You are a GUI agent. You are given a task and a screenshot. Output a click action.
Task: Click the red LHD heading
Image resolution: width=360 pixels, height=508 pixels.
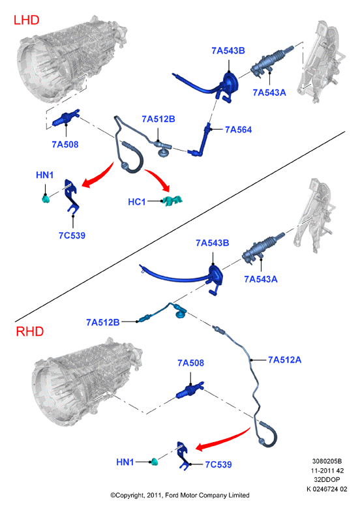pyautogui.click(x=27, y=20)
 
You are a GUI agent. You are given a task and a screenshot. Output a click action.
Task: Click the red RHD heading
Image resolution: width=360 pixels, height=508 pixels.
pyautogui.click(x=30, y=331)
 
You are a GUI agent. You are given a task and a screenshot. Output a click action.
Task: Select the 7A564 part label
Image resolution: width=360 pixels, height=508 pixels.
pyautogui.click(x=239, y=130)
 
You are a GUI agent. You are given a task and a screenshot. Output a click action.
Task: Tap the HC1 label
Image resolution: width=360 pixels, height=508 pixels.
pyautogui.click(x=137, y=202)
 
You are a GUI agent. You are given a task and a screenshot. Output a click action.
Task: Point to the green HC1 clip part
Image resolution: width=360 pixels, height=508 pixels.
pyautogui.click(x=172, y=201)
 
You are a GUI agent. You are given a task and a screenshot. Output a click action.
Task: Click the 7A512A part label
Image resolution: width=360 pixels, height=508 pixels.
pyautogui.click(x=285, y=359)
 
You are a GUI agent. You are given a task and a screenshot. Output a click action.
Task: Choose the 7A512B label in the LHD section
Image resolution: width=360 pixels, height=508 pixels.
pyautogui.click(x=158, y=119)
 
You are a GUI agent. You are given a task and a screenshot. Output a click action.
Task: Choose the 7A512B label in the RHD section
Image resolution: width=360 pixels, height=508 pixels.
pyautogui.click(x=103, y=322)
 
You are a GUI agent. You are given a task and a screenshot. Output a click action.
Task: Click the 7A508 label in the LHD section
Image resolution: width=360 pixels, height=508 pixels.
pyautogui.click(x=65, y=144)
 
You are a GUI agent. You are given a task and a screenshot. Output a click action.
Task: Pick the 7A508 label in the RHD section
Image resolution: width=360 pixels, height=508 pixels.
pyautogui.click(x=191, y=363)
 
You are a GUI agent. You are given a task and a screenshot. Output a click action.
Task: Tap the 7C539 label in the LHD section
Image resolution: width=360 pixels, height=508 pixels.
pyautogui.click(x=72, y=235)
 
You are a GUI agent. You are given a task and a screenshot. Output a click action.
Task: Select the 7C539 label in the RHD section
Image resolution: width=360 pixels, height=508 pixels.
pyautogui.click(x=218, y=464)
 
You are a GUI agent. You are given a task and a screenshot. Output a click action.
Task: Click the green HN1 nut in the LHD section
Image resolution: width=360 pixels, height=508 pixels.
pyautogui.click(x=46, y=199)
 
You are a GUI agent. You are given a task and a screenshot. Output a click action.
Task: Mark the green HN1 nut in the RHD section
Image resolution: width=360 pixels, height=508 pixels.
pyautogui.click(x=155, y=462)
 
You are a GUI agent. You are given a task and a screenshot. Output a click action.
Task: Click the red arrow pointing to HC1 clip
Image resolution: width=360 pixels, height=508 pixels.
pyautogui.click(x=158, y=179)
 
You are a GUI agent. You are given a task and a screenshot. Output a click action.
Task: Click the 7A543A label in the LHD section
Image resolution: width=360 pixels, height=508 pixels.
pyautogui.click(x=269, y=93)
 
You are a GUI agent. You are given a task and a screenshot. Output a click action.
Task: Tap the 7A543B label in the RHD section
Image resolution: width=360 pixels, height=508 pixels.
pyautogui.click(x=212, y=243)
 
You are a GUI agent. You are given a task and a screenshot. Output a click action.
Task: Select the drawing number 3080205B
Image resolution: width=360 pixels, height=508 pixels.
pyautogui.click(x=327, y=461)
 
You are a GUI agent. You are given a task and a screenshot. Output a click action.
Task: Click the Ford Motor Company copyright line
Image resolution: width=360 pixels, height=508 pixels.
pyautogui.click(x=180, y=495)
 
